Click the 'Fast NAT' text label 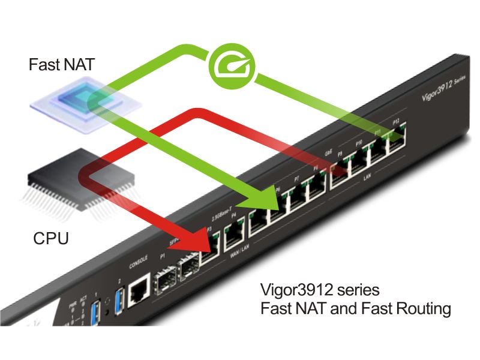tap(61, 65)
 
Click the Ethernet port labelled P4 tap(233, 239)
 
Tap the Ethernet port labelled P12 tap(396, 139)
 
